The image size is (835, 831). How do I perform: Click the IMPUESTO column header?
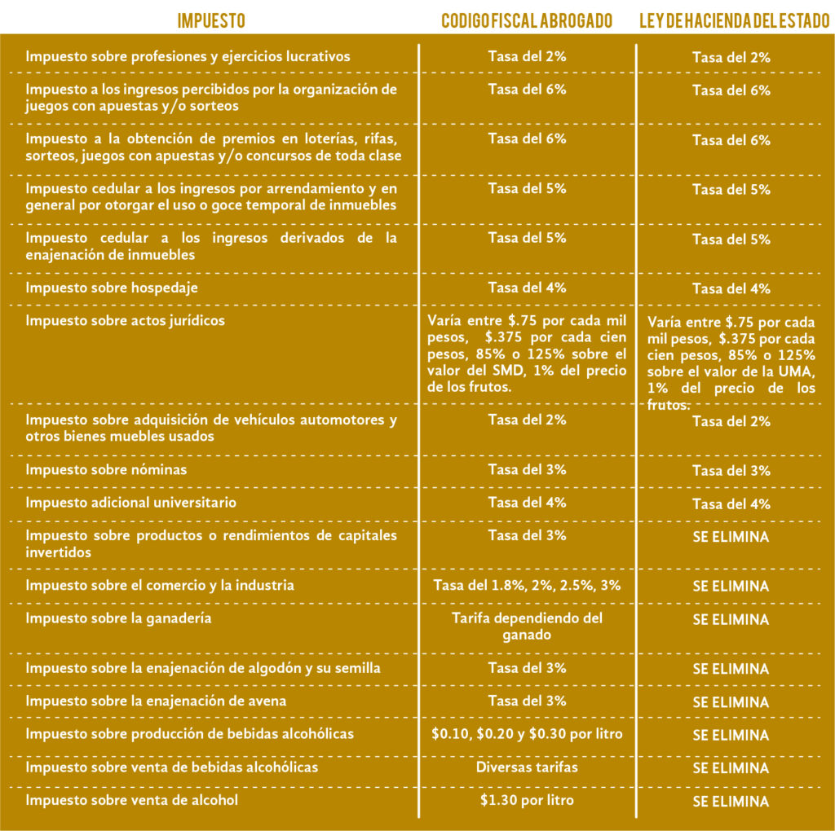pos(211,20)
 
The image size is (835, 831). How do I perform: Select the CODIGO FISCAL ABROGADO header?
pos(527,20)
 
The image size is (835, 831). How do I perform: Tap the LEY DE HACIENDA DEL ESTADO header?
pos(734,20)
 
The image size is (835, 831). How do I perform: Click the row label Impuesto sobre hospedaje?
pos(112,288)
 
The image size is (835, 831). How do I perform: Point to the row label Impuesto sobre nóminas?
pos(106,469)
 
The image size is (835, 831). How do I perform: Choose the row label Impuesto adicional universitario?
pos(130,503)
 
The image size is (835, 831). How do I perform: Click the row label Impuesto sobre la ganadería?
pos(118,618)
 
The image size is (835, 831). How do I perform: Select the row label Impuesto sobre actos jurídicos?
pos(125,320)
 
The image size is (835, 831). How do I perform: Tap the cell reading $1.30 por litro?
pos(527,800)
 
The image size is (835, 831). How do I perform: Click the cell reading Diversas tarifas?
pos(527,767)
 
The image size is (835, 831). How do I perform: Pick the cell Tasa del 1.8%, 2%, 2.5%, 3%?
pos(527,585)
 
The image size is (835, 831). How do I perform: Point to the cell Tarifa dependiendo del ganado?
pos(527,626)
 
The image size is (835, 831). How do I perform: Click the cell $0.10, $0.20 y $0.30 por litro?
pos(527,734)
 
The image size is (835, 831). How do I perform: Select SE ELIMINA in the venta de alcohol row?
pos(731,802)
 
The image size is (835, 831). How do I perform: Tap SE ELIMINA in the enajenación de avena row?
pos(731,702)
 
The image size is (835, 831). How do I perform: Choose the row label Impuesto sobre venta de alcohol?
pos(131,800)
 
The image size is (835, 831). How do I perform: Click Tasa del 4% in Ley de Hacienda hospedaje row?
pos(731,289)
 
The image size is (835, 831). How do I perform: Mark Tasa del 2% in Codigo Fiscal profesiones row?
pos(527,56)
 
